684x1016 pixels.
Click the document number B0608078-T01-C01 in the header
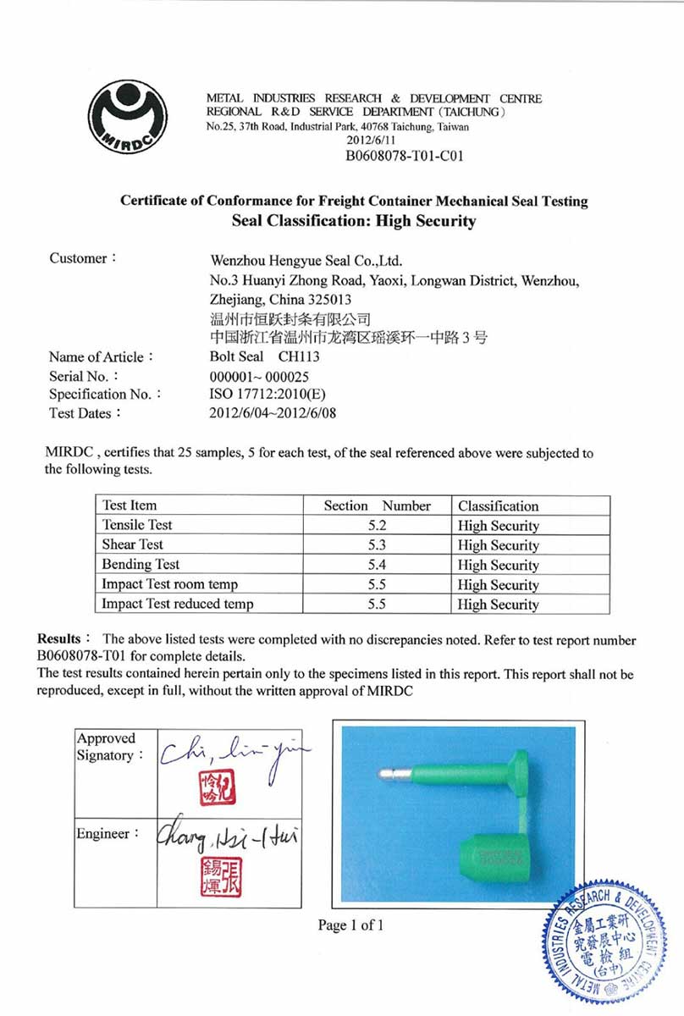(405, 156)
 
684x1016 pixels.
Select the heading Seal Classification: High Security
(354, 222)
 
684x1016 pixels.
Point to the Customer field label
(82, 258)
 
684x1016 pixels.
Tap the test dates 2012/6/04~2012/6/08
(278, 413)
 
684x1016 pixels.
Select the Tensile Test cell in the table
(137, 525)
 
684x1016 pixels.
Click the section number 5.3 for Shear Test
(377, 545)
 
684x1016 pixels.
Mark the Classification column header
(499, 506)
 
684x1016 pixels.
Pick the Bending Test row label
(141, 564)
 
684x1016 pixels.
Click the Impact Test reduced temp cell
(178, 604)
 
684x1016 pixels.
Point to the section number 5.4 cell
(377, 565)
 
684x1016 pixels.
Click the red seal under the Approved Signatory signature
(217, 788)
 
